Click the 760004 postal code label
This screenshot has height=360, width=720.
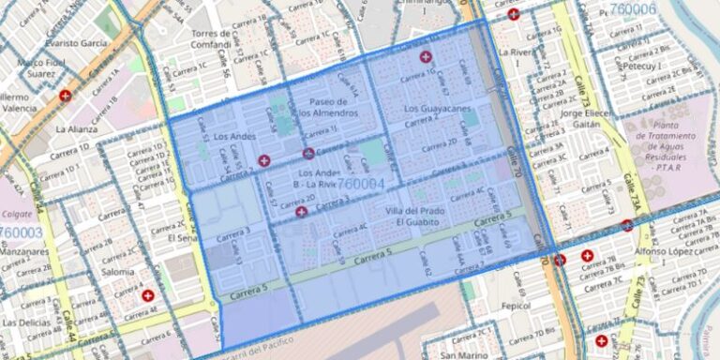point(361,185)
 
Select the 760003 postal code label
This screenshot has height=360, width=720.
point(21,232)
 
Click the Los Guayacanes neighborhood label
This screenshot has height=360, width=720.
point(437,110)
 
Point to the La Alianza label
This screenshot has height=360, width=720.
point(77,128)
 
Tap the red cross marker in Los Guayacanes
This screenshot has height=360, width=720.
point(426,57)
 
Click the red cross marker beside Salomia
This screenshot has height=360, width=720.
point(147,295)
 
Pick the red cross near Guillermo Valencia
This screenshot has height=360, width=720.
point(65,96)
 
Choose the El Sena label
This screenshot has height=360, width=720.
point(185,238)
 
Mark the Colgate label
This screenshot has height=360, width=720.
point(17,213)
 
